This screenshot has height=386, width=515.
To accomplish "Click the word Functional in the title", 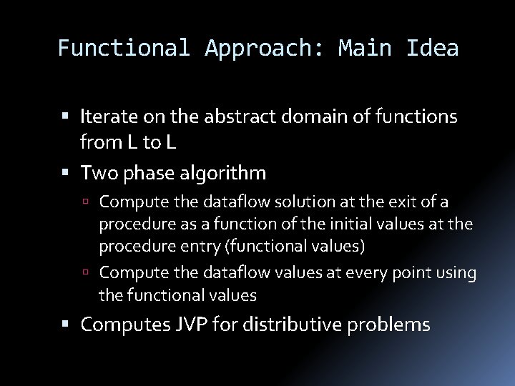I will pyautogui.click(x=123, y=48).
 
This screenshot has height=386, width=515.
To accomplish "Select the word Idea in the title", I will pyautogui.click(x=433, y=48).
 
